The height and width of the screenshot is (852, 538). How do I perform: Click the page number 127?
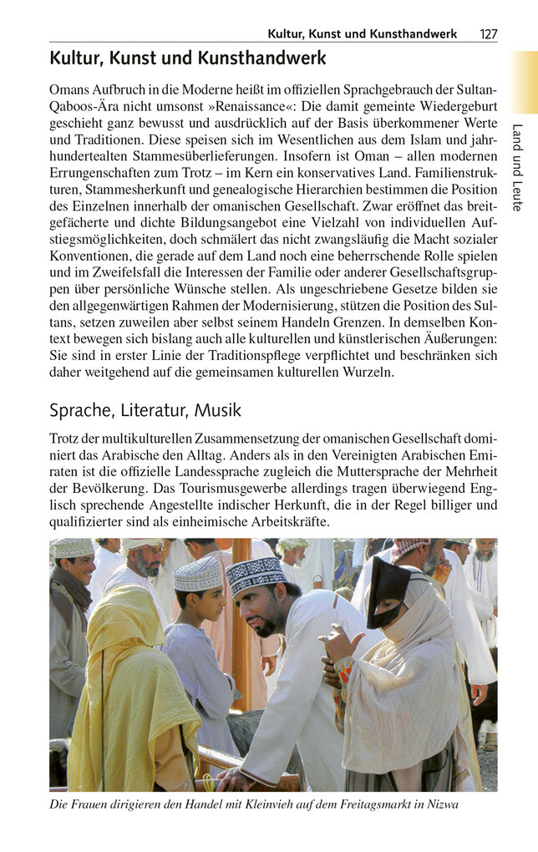coord(489,34)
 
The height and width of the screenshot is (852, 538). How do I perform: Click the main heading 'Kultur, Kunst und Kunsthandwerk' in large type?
coord(187,58)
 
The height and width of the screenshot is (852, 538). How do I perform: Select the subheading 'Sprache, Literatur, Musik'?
coord(145,410)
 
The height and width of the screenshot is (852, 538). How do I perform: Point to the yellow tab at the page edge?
coord(524,82)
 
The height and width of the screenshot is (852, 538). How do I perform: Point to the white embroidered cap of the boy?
coord(198,574)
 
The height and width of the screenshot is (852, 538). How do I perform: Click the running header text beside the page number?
coord(362,34)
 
